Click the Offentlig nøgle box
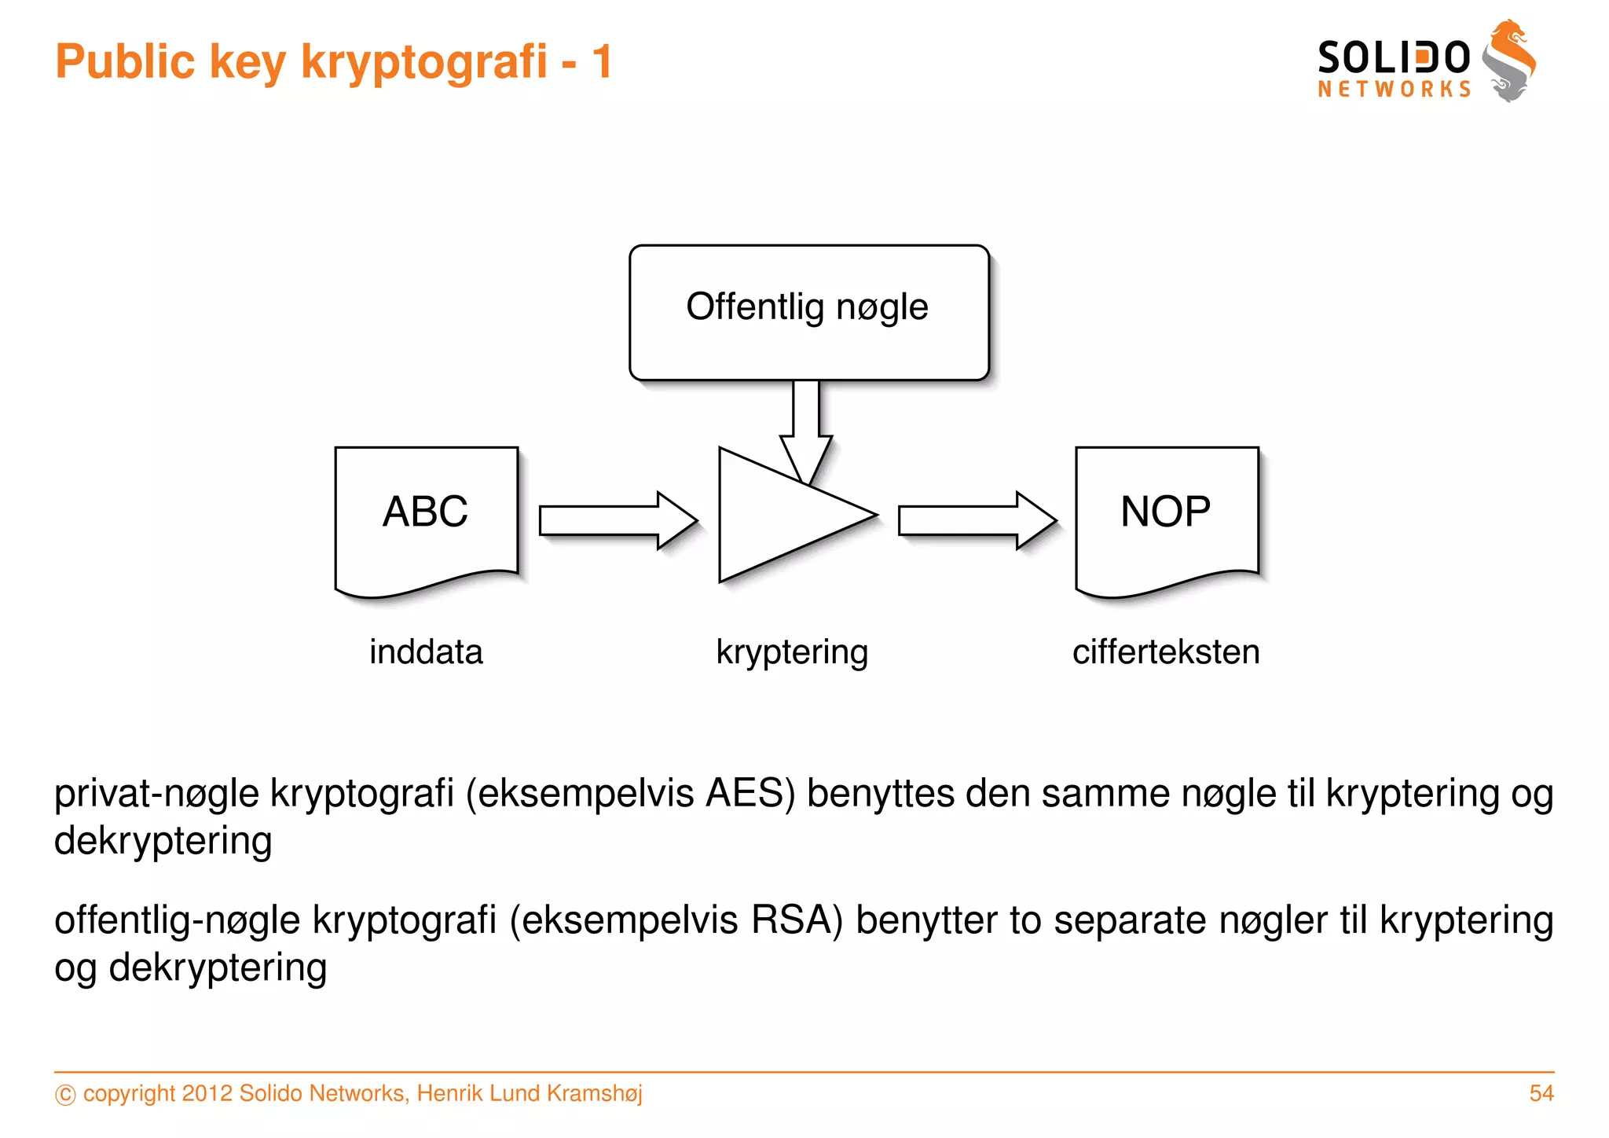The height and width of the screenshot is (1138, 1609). click(x=808, y=312)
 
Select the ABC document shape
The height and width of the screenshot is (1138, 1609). click(x=426, y=519)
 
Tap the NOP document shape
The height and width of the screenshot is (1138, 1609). click(x=1167, y=519)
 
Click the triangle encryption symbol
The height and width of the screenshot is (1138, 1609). click(x=778, y=516)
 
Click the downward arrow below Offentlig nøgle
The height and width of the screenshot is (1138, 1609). click(x=806, y=428)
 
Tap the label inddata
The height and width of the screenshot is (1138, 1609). click(x=426, y=652)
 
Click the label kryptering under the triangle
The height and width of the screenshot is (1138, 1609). click(x=792, y=652)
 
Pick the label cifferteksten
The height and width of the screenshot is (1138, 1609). click(x=1166, y=652)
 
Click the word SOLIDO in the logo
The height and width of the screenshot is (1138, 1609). click(x=1393, y=58)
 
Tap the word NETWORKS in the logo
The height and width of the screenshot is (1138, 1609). click(x=1394, y=89)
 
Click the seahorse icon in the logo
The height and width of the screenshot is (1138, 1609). click(x=1508, y=61)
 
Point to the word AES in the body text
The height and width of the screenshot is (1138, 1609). click(x=744, y=793)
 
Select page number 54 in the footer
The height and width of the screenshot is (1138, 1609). click(x=1541, y=1093)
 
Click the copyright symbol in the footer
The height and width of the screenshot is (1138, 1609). click(x=65, y=1095)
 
